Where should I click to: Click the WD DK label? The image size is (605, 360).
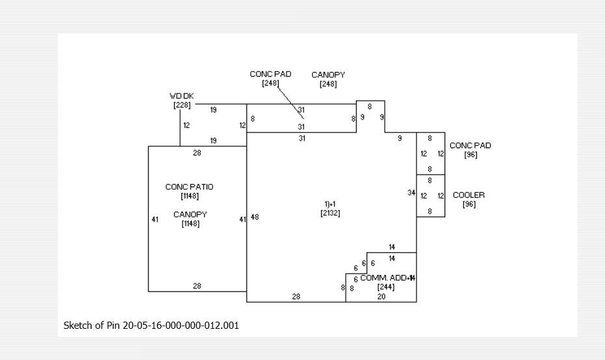tap(182, 96)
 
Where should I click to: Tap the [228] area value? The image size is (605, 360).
tap(182, 105)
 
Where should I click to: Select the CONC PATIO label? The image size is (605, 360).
tap(189, 187)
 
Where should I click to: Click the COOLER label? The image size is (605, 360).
tap(469, 195)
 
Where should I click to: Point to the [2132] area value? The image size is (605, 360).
tap(330, 213)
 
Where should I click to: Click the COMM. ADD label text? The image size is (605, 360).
tap(384, 277)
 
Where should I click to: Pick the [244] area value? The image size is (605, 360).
tap(386, 287)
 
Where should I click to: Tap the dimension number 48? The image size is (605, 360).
tap(255, 217)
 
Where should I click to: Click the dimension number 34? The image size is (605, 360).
tap(411, 193)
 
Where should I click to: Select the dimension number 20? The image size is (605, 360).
tap(381, 296)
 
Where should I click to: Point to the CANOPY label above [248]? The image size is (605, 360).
tap(328, 75)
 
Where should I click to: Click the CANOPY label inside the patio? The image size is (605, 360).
tap(190, 214)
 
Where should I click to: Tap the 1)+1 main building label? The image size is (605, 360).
tap(330, 204)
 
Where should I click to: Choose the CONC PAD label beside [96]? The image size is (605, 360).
tap(470, 146)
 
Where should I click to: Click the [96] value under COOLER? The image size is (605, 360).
tap(469, 204)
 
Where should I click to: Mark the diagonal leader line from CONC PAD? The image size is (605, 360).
tap(290, 100)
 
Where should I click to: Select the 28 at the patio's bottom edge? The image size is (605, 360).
tap(197, 286)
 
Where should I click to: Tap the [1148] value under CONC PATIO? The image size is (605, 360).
tap(190, 196)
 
